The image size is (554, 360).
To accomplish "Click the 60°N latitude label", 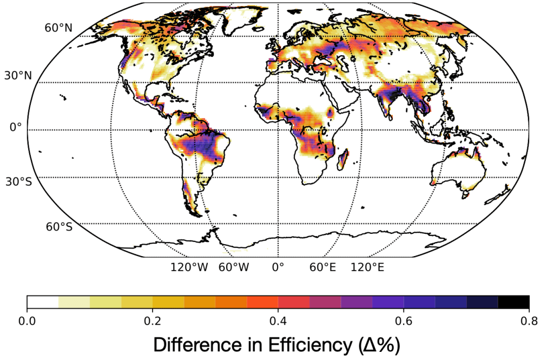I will [x=58, y=28].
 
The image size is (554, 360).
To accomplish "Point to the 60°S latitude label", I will [x=58, y=227].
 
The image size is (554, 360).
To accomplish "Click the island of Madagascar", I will [x=342, y=159].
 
